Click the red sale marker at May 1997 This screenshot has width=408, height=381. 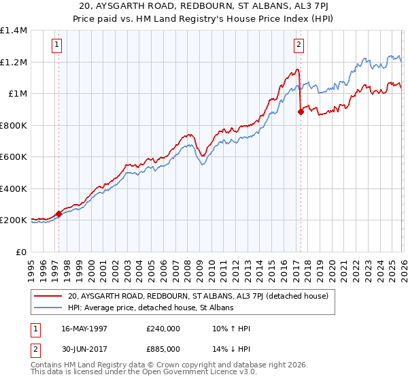tap(58, 214)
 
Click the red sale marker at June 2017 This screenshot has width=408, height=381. tap(300, 112)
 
